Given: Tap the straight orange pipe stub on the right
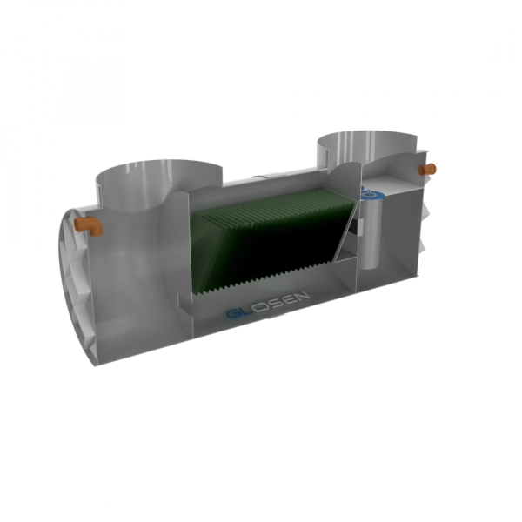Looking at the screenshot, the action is (427, 169).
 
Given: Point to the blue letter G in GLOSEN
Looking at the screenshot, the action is (234, 313).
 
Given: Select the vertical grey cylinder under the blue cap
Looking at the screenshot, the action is (371, 233).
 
